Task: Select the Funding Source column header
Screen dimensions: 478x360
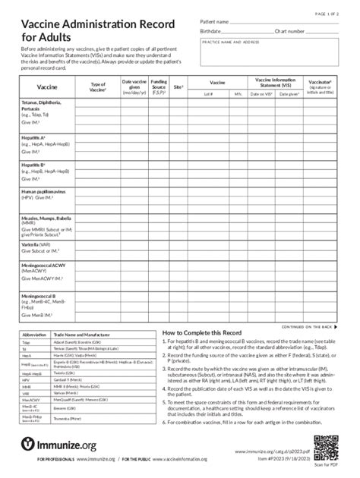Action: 159,87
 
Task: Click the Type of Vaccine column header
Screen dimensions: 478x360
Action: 98,87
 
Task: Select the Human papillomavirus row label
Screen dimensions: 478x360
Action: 41,195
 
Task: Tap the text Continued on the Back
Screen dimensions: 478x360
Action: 307,326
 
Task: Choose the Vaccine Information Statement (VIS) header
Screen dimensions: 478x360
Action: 276,81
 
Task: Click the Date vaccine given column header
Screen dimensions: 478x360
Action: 134,87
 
